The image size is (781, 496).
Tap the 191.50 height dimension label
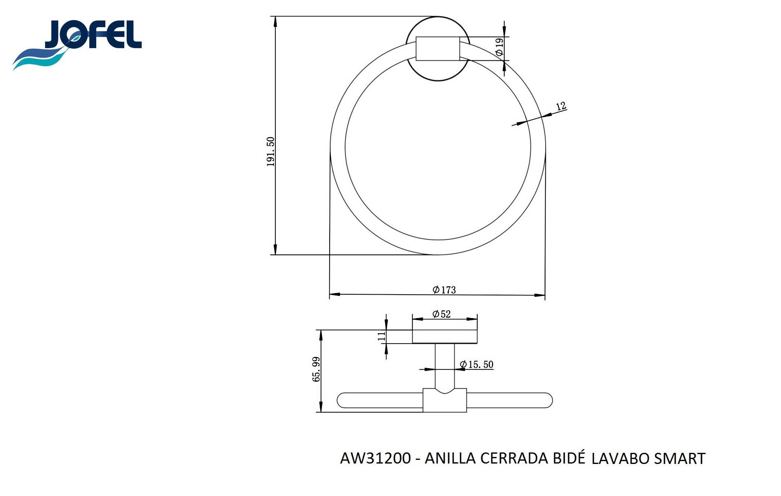click(x=270, y=152)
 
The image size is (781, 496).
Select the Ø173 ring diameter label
click(x=444, y=290)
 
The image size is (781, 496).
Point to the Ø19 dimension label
click(x=499, y=47)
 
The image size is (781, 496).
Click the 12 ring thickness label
click(x=561, y=106)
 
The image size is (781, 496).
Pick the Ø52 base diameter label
click(x=441, y=314)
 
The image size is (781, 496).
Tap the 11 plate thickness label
click(x=381, y=336)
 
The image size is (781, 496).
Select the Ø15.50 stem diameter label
click(x=476, y=365)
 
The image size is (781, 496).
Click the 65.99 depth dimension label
click(x=316, y=369)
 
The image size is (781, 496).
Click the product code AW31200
click(x=375, y=458)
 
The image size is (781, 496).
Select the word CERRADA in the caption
click(x=514, y=458)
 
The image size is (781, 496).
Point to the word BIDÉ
click(x=568, y=457)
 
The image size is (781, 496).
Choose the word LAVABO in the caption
click(x=620, y=459)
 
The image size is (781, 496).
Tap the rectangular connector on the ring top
click(x=438, y=49)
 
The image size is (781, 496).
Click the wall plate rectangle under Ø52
click(x=445, y=337)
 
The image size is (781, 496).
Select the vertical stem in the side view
click(x=445, y=366)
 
